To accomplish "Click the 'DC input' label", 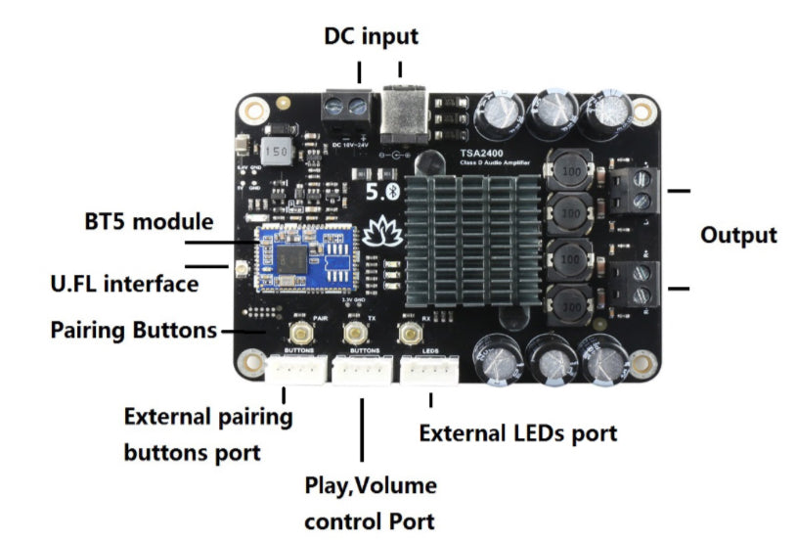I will [x=371, y=37].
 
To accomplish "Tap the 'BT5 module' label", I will [x=148, y=221].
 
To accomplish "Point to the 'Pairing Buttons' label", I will [x=133, y=330].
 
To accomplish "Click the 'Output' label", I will [x=738, y=235].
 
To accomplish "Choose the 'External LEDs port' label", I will [x=517, y=432].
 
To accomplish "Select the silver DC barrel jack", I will [x=402, y=110].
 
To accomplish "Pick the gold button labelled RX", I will [x=408, y=333].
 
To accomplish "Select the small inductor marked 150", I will [x=277, y=152].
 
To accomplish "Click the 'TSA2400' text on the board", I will [x=488, y=153].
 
